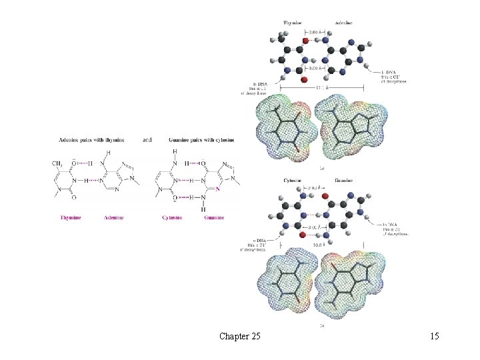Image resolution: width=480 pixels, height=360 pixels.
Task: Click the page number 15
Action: click(x=434, y=337)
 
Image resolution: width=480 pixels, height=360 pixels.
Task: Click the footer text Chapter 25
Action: click(x=239, y=337)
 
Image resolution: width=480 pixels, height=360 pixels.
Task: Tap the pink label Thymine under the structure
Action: click(x=71, y=217)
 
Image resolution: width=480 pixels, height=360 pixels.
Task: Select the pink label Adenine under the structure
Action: click(x=114, y=217)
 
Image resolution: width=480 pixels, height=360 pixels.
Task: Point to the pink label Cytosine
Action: click(x=173, y=217)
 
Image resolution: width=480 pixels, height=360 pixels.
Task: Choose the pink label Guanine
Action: click(x=214, y=217)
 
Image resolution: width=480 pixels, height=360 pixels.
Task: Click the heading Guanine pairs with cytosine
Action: click(x=198, y=141)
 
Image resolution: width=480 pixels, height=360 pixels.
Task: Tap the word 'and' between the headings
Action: click(x=147, y=141)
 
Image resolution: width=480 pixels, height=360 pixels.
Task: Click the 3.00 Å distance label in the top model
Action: click(x=316, y=67)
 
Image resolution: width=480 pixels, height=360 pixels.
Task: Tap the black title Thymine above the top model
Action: click(x=293, y=23)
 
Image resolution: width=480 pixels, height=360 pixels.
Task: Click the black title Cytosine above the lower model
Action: click(x=294, y=180)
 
